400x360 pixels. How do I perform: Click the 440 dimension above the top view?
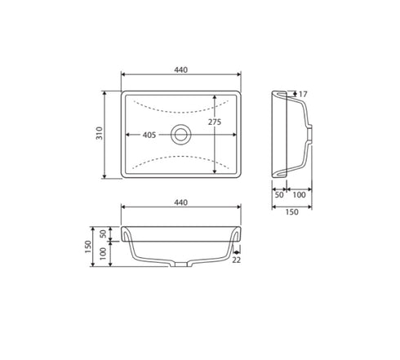[180, 70]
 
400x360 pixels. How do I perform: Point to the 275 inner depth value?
[214, 122]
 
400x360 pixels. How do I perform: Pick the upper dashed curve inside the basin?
[180, 106]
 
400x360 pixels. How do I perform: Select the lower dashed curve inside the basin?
[180, 162]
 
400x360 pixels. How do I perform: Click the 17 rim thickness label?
[303, 95]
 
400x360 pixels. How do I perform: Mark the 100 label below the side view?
[299, 196]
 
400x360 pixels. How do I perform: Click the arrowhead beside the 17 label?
[293, 95]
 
